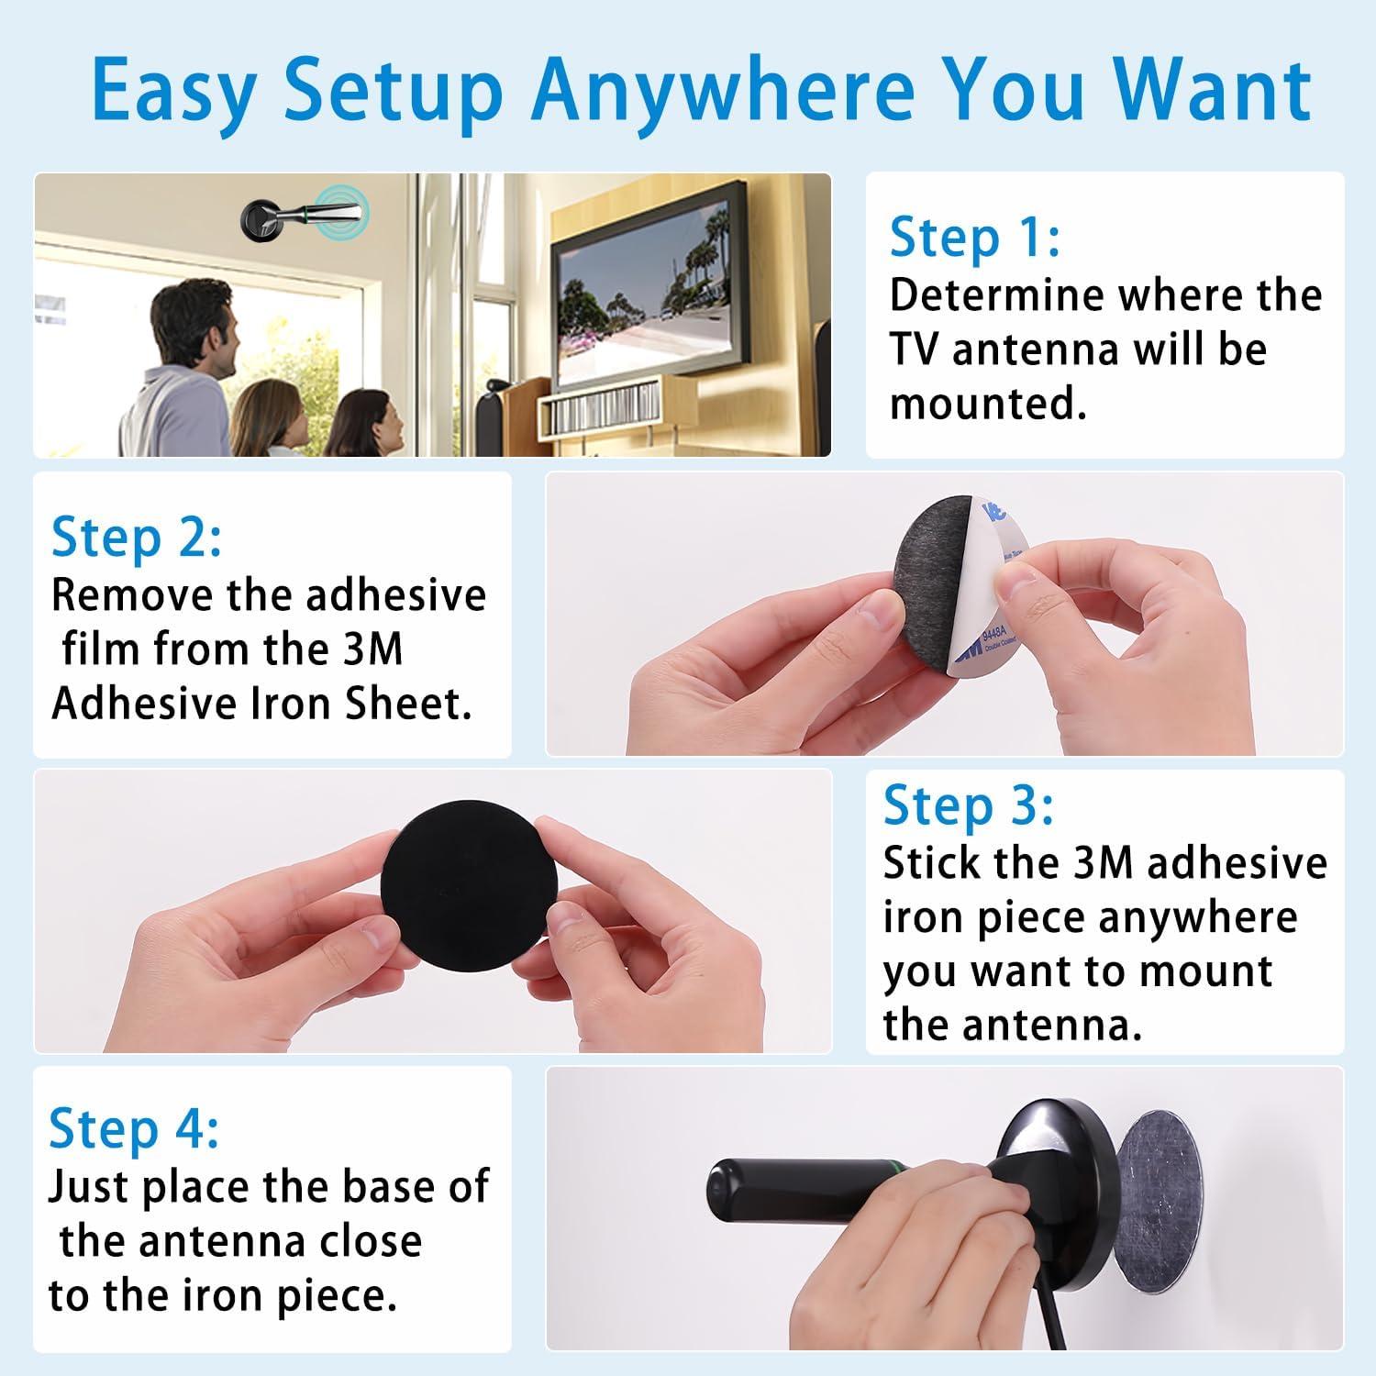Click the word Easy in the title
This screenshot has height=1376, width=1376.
[x=173, y=90]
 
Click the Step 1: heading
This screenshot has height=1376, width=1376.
[x=975, y=237]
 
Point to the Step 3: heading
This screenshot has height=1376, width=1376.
[x=969, y=805]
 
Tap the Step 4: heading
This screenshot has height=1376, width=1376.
[x=134, y=1128]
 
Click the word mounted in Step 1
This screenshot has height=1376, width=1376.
[x=988, y=403]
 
